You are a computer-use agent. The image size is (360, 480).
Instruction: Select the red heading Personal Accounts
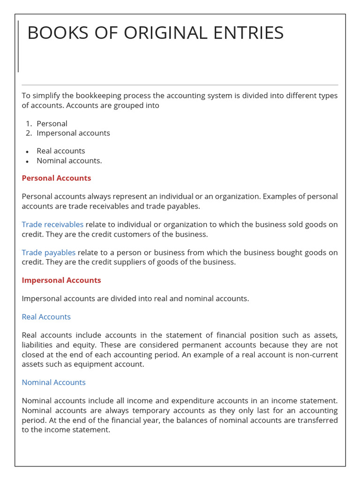(56, 178)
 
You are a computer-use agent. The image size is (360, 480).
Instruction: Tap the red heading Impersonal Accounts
(61, 280)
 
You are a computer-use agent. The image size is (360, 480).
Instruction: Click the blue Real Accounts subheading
(46, 317)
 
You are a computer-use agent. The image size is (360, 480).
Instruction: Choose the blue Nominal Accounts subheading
(53, 382)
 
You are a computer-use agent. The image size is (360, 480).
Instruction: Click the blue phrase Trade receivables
(52, 225)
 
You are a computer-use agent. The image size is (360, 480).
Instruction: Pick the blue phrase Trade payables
(48, 253)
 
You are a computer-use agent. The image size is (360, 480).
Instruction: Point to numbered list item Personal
(52, 124)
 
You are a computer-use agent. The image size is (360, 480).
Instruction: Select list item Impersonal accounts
(73, 133)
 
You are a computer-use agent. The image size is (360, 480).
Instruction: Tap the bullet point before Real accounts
(28, 152)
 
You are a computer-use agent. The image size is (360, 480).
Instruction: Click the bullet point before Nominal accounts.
(28, 161)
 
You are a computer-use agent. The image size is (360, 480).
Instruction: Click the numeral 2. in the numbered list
(29, 133)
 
